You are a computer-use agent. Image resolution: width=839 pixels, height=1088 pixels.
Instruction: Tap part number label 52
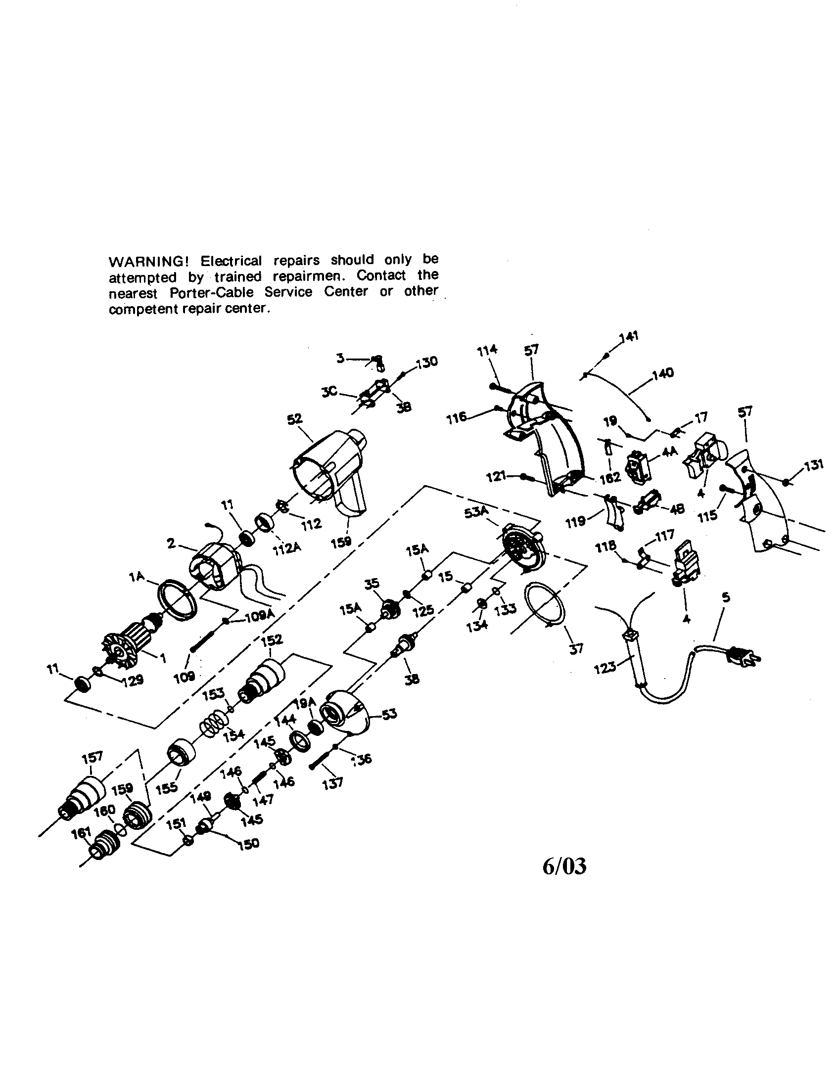tap(294, 418)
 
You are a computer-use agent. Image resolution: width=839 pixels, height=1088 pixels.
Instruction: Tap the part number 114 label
tap(487, 350)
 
